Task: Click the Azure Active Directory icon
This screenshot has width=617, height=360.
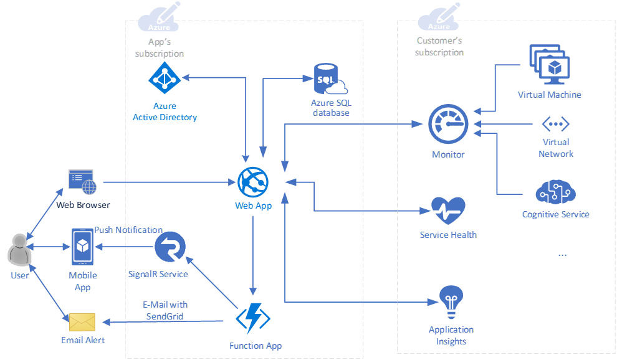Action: click(165, 78)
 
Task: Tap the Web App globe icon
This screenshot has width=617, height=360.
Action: click(253, 182)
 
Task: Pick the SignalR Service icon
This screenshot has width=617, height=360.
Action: click(170, 247)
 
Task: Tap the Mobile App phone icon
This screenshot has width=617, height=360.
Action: click(82, 247)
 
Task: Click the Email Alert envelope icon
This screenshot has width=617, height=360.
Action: click(82, 322)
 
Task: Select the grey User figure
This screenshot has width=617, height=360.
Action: click(19, 250)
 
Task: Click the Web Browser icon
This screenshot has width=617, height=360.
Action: click(82, 182)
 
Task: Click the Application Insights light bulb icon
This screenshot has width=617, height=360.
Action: click(451, 301)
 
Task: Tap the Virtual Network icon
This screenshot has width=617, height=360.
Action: click(555, 124)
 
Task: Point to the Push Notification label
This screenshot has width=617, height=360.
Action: click(128, 230)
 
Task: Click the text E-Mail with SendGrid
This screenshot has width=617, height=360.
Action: click(165, 310)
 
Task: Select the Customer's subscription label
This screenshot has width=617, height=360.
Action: click(439, 47)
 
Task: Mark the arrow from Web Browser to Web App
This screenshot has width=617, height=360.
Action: click(168, 182)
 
